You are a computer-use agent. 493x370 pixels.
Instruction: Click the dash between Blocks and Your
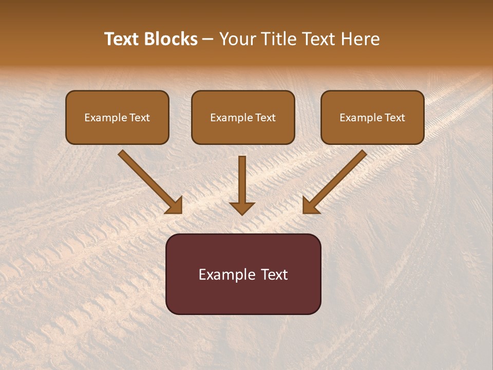click(x=208, y=39)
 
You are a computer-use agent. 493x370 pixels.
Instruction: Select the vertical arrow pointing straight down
click(x=242, y=182)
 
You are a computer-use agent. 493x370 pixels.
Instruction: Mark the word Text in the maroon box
click(x=275, y=274)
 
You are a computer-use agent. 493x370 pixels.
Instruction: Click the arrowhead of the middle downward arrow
click(x=242, y=208)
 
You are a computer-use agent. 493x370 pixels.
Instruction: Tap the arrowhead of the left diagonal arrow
click(x=175, y=206)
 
